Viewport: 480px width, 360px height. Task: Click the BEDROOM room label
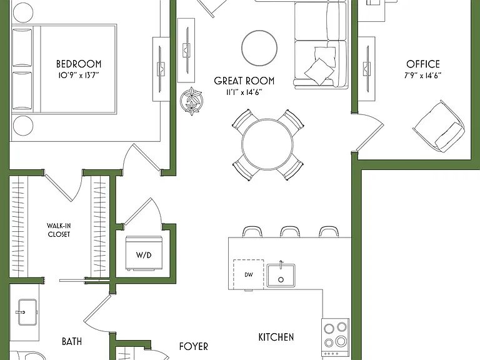(79, 64)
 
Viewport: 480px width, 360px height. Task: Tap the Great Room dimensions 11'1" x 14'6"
(244, 92)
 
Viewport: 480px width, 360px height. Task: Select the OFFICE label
(423, 64)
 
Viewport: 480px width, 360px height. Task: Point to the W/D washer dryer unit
(144, 253)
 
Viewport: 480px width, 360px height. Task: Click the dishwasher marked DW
(248, 274)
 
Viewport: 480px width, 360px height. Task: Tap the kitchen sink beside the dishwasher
(281, 275)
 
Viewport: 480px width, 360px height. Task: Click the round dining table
(267, 145)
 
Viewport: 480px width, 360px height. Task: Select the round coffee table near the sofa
(259, 48)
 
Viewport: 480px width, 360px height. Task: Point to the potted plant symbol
(192, 101)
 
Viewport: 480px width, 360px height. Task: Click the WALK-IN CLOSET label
(59, 230)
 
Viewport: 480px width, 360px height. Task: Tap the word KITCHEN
(276, 337)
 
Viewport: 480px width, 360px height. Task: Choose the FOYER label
(194, 346)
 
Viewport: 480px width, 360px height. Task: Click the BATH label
(72, 341)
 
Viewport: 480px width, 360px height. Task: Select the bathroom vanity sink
(27, 312)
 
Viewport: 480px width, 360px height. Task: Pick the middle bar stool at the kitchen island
(290, 232)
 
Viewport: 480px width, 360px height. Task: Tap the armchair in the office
(438, 126)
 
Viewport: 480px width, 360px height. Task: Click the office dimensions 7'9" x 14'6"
(422, 75)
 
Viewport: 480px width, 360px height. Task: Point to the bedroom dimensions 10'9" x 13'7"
(79, 75)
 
